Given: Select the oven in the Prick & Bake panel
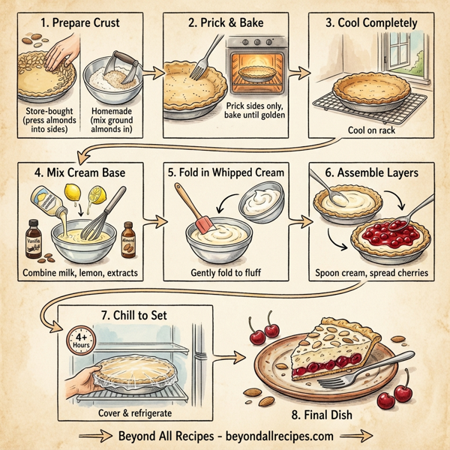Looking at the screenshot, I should click(x=259, y=68).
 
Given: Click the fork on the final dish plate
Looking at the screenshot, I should click(x=352, y=376).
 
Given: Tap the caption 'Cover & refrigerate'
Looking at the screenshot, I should click(x=135, y=412).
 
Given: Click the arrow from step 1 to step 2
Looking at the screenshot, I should click(x=153, y=72).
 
